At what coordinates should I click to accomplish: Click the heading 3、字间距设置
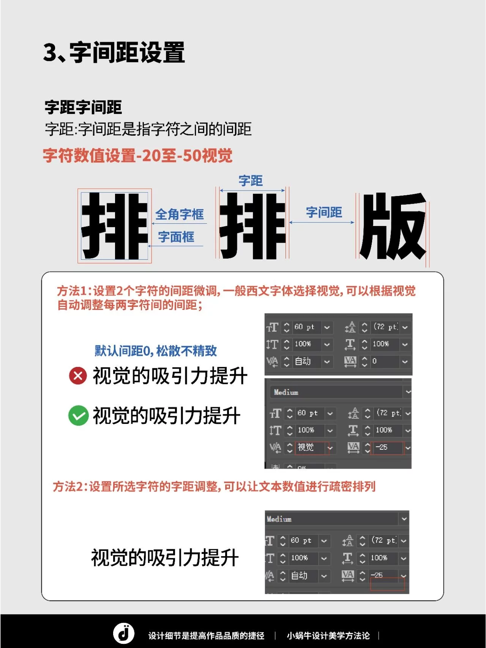click(114, 52)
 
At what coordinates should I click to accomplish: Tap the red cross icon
click(78, 376)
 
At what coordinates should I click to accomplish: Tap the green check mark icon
click(78, 416)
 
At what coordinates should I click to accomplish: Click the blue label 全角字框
click(179, 214)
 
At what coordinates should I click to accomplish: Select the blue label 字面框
click(176, 237)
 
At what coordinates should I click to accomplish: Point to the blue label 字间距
click(324, 212)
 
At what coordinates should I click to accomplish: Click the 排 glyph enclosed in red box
click(115, 226)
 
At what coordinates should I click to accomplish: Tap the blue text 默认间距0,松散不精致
click(156, 351)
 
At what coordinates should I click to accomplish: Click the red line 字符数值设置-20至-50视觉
click(137, 156)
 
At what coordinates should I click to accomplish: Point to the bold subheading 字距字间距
click(83, 107)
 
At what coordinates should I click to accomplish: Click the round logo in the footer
click(124, 633)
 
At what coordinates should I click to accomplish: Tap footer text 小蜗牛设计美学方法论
click(328, 635)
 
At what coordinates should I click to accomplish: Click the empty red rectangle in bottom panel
click(387, 584)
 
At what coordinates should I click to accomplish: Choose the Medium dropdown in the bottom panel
click(336, 519)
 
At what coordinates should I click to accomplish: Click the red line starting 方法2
click(214, 487)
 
